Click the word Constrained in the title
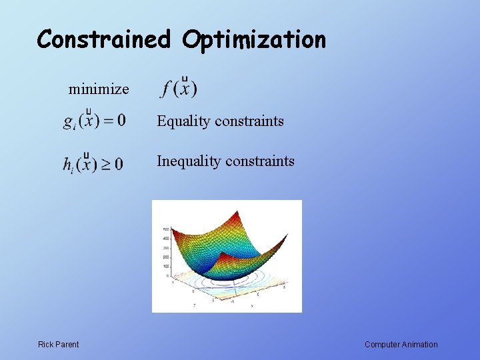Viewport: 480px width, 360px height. (106, 39)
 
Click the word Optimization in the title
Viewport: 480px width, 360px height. (254, 41)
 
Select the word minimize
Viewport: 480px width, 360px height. (99, 89)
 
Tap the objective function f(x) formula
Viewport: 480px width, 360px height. (179, 87)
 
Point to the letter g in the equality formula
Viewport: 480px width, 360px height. (69, 122)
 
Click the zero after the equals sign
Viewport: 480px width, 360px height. (121, 121)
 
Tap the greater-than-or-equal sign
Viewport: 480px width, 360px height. (105, 165)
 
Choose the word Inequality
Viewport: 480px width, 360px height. (188, 161)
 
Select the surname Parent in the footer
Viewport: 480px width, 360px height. (67, 345)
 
